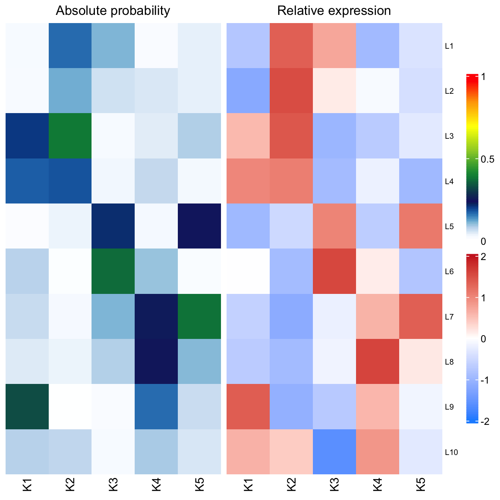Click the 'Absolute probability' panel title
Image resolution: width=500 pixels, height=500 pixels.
[113, 11]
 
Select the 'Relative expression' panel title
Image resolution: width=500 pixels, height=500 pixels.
[334, 11]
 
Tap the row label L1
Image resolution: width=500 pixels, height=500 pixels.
[449, 46]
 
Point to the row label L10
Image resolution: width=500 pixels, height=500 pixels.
[451, 452]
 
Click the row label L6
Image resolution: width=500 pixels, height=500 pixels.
[449, 272]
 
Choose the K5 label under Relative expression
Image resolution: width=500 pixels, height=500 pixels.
[421, 485]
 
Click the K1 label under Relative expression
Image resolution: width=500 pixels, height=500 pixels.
[248, 485]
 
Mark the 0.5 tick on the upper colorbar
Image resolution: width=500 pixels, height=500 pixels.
[487, 160]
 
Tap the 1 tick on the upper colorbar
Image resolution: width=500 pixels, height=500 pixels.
[483, 77]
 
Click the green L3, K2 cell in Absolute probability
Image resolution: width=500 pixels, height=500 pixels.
[70, 136]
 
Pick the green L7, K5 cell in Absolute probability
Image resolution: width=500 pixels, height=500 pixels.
[199, 317]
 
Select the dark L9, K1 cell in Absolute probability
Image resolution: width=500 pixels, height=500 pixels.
[27, 407]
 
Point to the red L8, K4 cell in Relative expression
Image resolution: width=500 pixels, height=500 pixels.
[378, 362]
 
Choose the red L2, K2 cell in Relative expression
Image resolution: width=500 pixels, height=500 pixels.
[291, 91]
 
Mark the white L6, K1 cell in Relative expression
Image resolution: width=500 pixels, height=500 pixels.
[248, 271]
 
